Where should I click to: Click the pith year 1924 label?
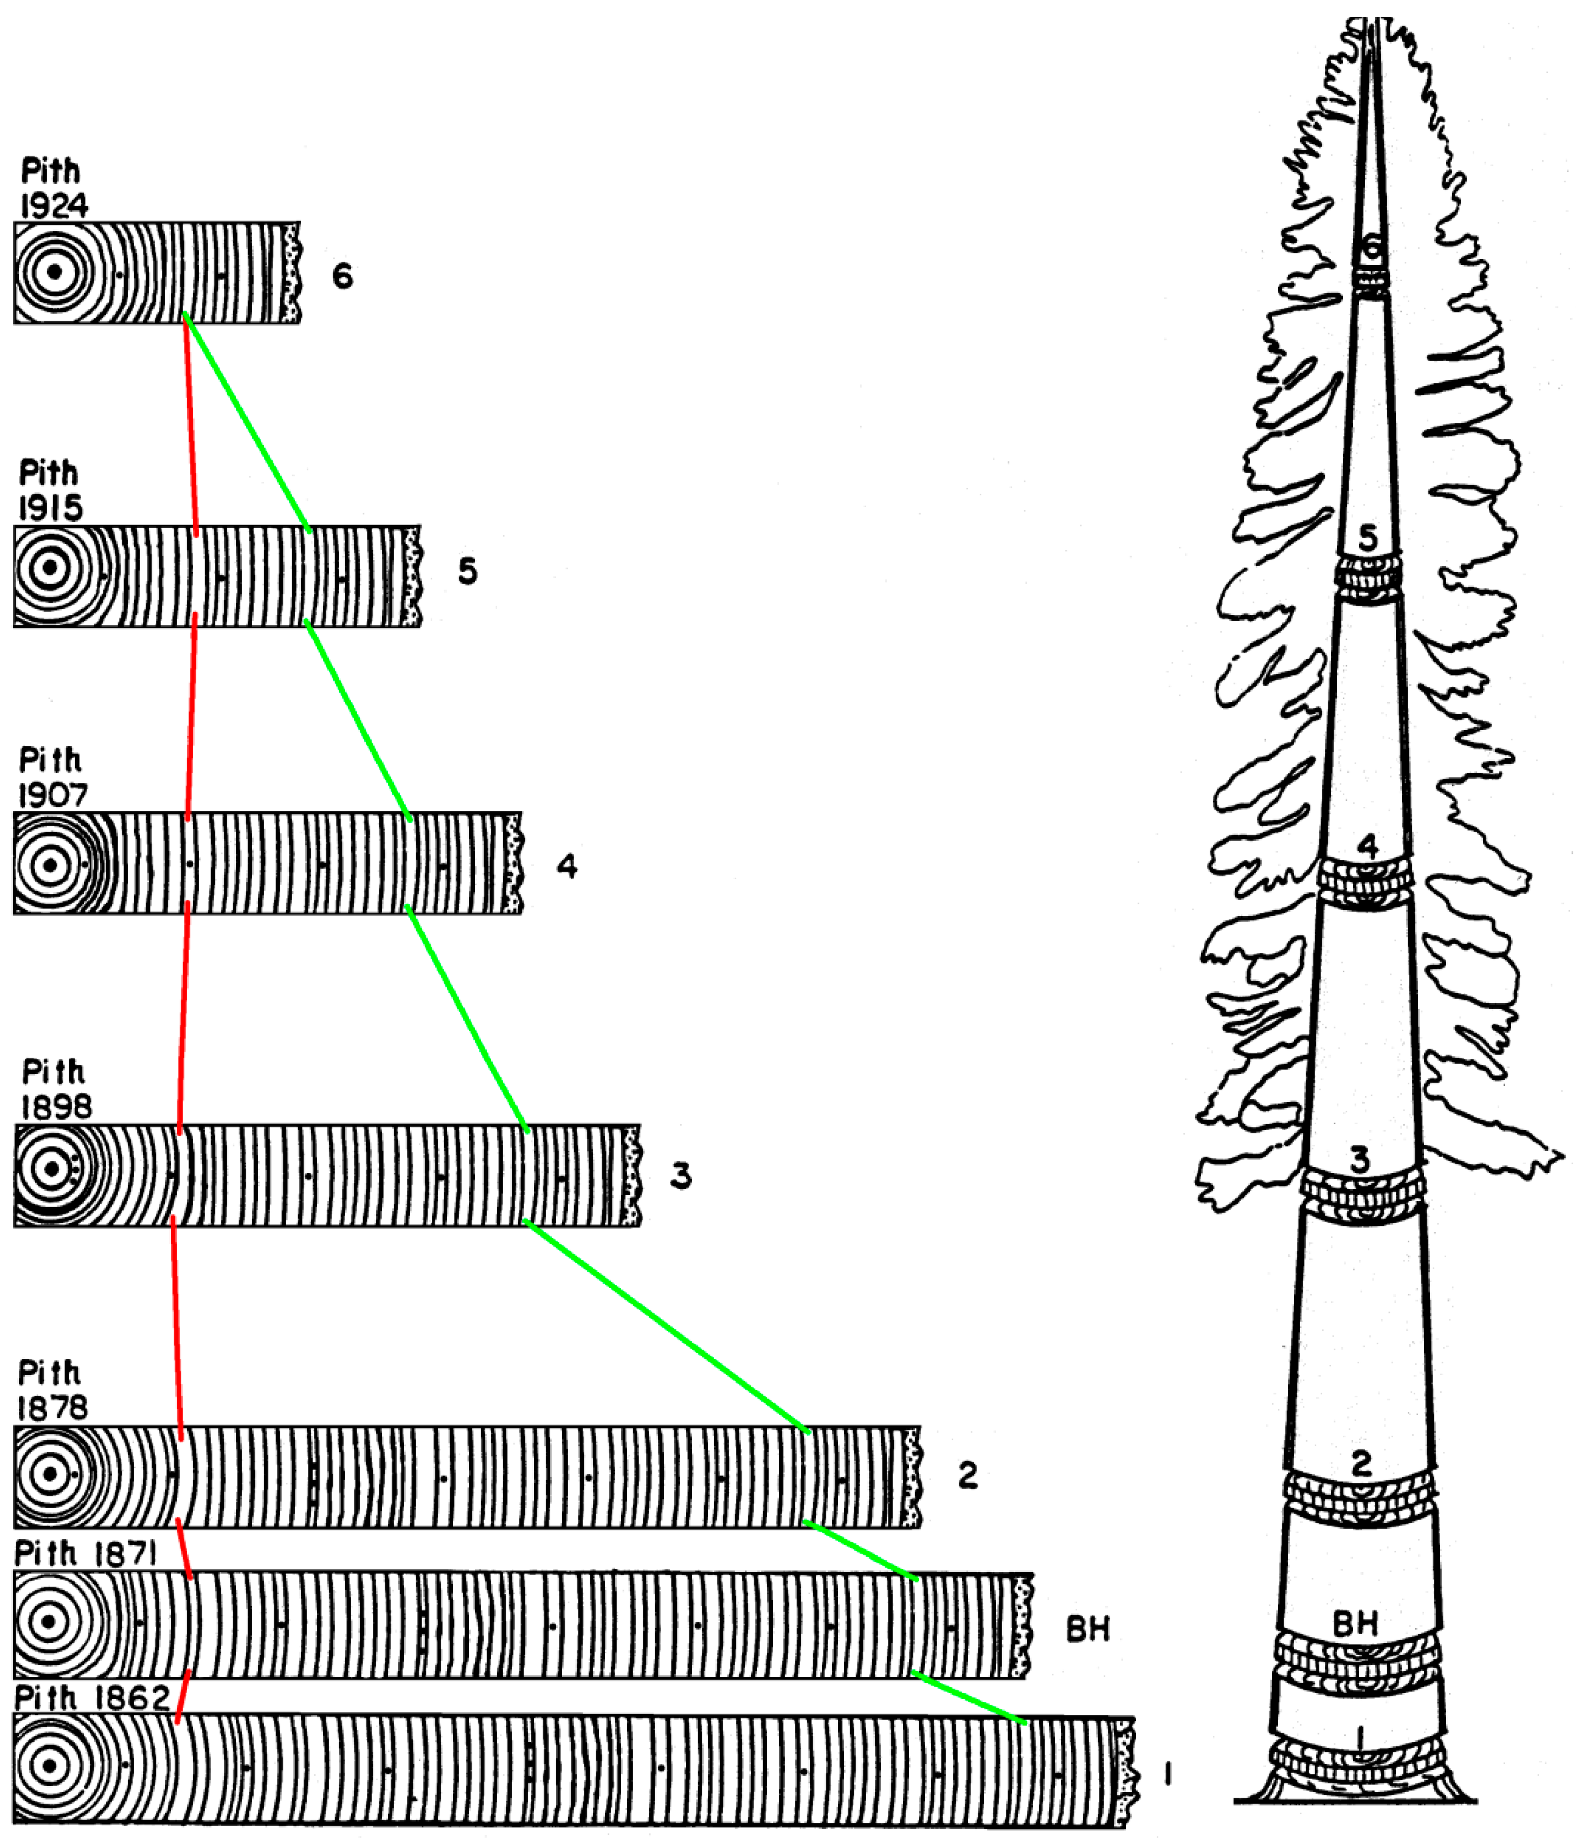coord(54,205)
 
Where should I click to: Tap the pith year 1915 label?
coord(51,507)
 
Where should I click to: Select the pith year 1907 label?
coord(54,795)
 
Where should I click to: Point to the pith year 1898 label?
coord(56,1106)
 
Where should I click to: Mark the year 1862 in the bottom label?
coord(134,1698)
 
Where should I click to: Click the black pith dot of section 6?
coord(54,273)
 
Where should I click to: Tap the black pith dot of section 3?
coord(51,1169)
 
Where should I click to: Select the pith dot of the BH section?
coord(50,1621)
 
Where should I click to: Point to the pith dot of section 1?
coord(50,1767)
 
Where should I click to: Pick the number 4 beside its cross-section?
coord(566,866)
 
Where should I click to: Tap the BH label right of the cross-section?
coord(1087,1629)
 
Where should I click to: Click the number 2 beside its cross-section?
coord(968,1476)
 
